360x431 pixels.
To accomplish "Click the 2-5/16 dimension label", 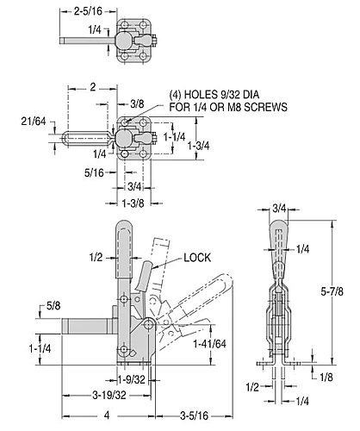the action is [88, 11].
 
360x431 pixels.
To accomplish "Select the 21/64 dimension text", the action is [34, 122].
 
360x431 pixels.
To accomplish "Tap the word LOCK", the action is [197, 258].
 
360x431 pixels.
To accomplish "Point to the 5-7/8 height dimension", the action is [332, 291].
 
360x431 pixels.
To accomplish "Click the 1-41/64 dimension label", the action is [210, 344].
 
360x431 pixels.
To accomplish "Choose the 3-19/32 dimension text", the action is [109, 396].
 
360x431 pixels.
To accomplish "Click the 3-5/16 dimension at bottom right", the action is [194, 415].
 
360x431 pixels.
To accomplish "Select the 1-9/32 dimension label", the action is [131, 380].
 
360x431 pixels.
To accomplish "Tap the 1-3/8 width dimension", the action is [133, 203].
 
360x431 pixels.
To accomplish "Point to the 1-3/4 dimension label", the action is [198, 146].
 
